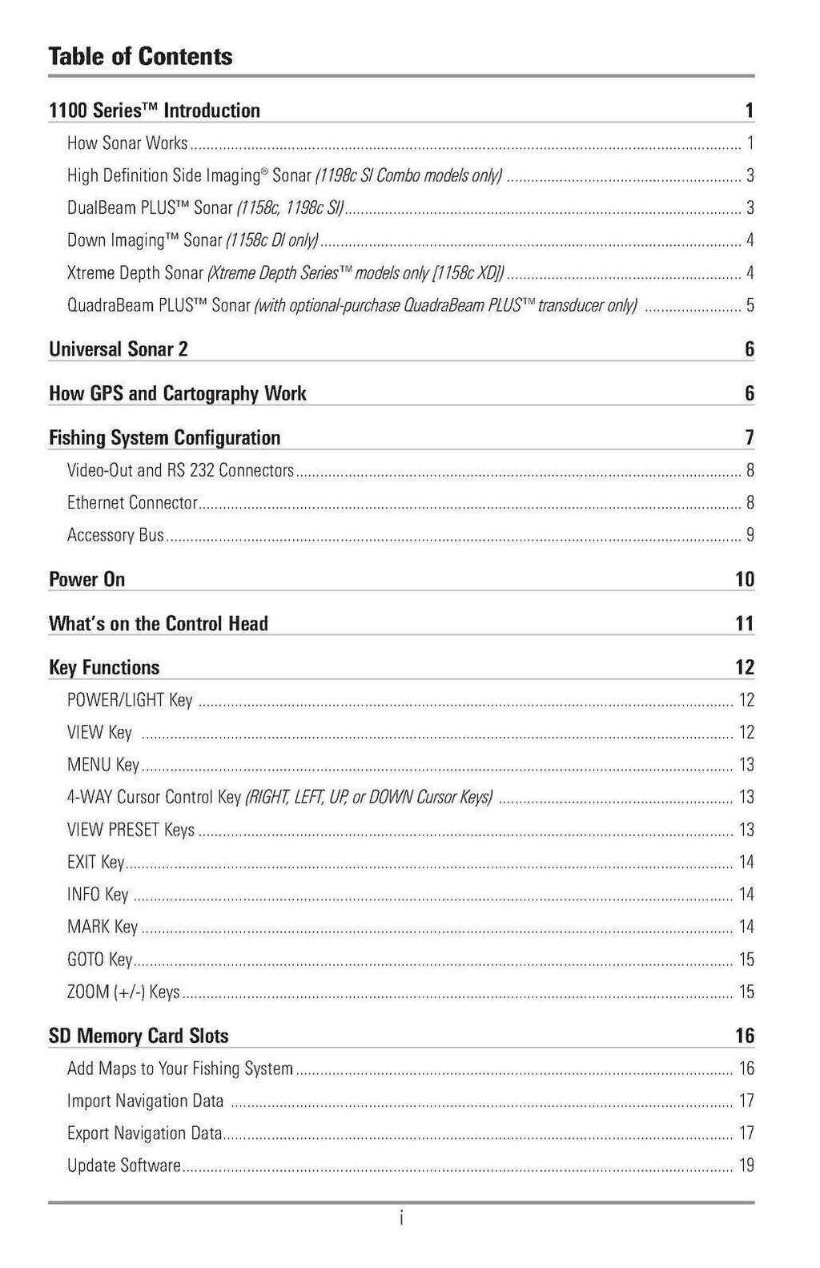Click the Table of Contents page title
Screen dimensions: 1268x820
coord(140,56)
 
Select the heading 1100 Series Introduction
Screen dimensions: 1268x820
coord(155,111)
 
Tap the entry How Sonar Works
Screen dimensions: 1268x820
coord(127,143)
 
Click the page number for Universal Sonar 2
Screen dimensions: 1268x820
coord(749,349)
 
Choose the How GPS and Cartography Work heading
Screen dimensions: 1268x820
coord(178,393)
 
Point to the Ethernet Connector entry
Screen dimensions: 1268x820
coord(132,503)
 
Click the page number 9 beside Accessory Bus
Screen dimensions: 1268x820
coord(750,535)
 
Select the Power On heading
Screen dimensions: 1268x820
coord(86,579)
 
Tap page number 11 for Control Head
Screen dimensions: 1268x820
coord(744,623)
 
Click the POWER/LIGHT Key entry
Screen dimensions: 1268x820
coord(130,700)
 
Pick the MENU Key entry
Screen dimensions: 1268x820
coord(103,765)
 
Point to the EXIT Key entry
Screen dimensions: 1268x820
coord(96,862)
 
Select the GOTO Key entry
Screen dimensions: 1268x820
coord(100,960)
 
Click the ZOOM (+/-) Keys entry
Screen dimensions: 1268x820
coord(123,992)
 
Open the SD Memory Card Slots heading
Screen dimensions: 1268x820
coord(139,1036)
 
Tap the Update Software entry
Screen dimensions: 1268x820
coord(124,1165)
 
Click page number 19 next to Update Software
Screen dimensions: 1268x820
coord(746,1165)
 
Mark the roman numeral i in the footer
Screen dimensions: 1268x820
coord(401,1219)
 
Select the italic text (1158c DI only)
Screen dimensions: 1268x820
coord(271,240)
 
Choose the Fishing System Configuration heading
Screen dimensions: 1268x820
coord(165,437)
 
